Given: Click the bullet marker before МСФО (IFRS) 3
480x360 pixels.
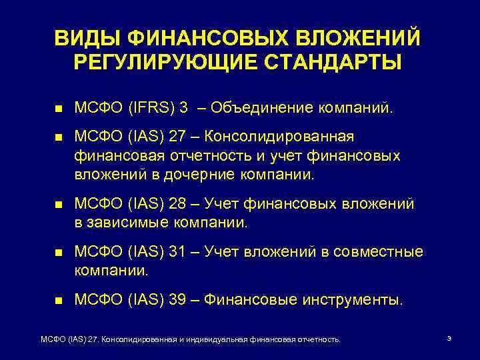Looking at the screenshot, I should point(59,108).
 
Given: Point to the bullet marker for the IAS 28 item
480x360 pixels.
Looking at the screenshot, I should point(59,203).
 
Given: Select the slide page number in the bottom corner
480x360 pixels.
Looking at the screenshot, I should point(449,339).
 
